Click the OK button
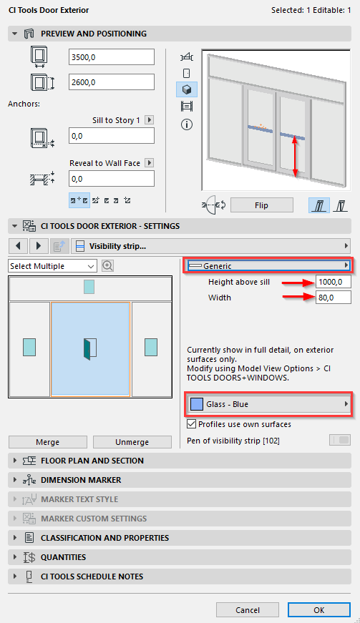(x=318, y=610)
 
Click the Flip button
(x=261, y=205)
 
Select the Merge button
(x=48, y=442)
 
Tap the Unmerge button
(x=132, y=442)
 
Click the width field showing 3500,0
(x=111, y=57)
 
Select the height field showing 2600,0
(x=111, y=82)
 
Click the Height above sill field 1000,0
(x=334, y=282)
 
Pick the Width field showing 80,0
(x=334, y=298)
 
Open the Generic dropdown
(x=268, y=266)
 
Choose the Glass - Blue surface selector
(x=268, y=404)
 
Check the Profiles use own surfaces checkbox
(x=192, y=424)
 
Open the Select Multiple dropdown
(x=52, y=266)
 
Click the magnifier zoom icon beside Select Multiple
(x=107, y=266)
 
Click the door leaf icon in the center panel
(x=90, y=348)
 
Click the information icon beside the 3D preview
(x=187, y=124)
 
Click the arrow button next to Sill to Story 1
(x=150, y=120)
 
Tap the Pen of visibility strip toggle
(x=340, y=440)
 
